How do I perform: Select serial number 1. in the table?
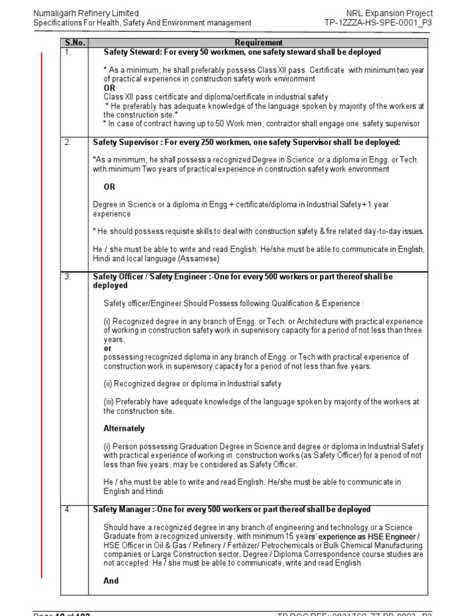68,52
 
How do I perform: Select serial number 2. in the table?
68,143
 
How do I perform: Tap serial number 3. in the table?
68,277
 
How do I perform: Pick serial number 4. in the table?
68,510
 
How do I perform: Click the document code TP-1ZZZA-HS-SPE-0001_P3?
378,23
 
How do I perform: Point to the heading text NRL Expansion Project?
390,13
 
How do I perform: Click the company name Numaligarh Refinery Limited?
86,13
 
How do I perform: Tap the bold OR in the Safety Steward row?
109,88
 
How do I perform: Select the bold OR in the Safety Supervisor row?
109,187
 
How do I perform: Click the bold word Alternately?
124,429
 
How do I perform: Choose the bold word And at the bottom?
111,581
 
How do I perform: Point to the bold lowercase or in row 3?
107,348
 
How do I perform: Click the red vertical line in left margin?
42,313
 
